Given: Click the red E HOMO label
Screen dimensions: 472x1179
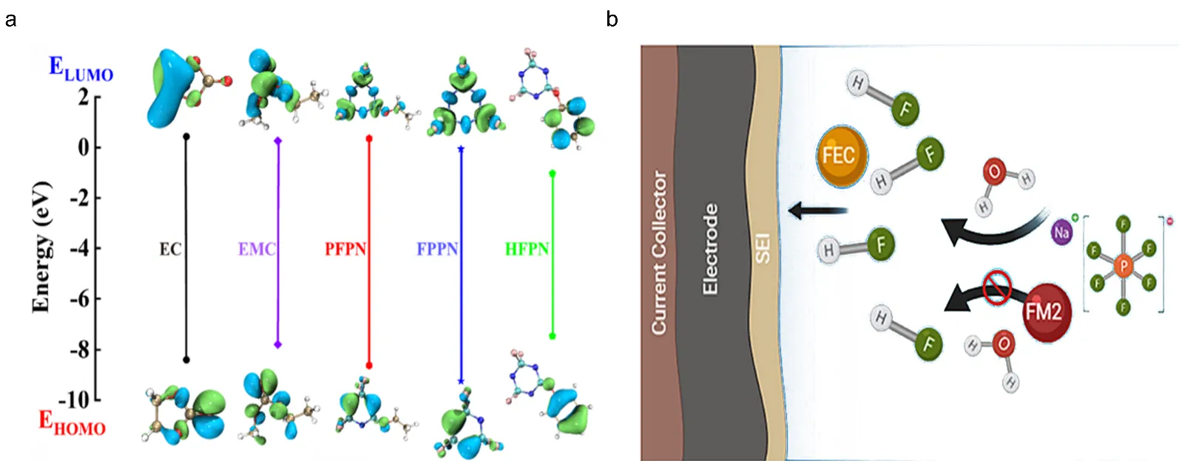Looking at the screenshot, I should coord(72,423).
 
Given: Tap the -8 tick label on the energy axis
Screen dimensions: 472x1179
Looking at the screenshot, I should coord(79,349).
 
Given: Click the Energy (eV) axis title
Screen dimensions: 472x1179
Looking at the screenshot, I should coord(41,246).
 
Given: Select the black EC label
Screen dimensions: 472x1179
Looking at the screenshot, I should coord(170,249).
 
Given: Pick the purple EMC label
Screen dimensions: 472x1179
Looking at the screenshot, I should coord(256,249).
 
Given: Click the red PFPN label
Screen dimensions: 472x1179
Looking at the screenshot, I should coord(345,249).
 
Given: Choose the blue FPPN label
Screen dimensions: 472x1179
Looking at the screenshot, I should coord(437,249).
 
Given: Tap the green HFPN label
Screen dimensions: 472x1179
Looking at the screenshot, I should coord(527,249).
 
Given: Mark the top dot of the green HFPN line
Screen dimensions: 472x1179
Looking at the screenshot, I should coord(553,174).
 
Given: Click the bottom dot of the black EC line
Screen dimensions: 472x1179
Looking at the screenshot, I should coord(186,360).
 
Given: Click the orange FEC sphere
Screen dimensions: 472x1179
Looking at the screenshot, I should coord(840,155).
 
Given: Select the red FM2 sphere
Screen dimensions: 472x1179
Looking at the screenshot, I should coord(1043,311).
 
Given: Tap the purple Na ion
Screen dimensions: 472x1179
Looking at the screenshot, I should coord(1062,233).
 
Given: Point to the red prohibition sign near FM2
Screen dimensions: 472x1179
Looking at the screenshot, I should coord(997,287).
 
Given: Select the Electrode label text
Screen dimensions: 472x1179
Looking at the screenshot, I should coord(710,250).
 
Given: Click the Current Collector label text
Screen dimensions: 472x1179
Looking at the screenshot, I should coord(658,253).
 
